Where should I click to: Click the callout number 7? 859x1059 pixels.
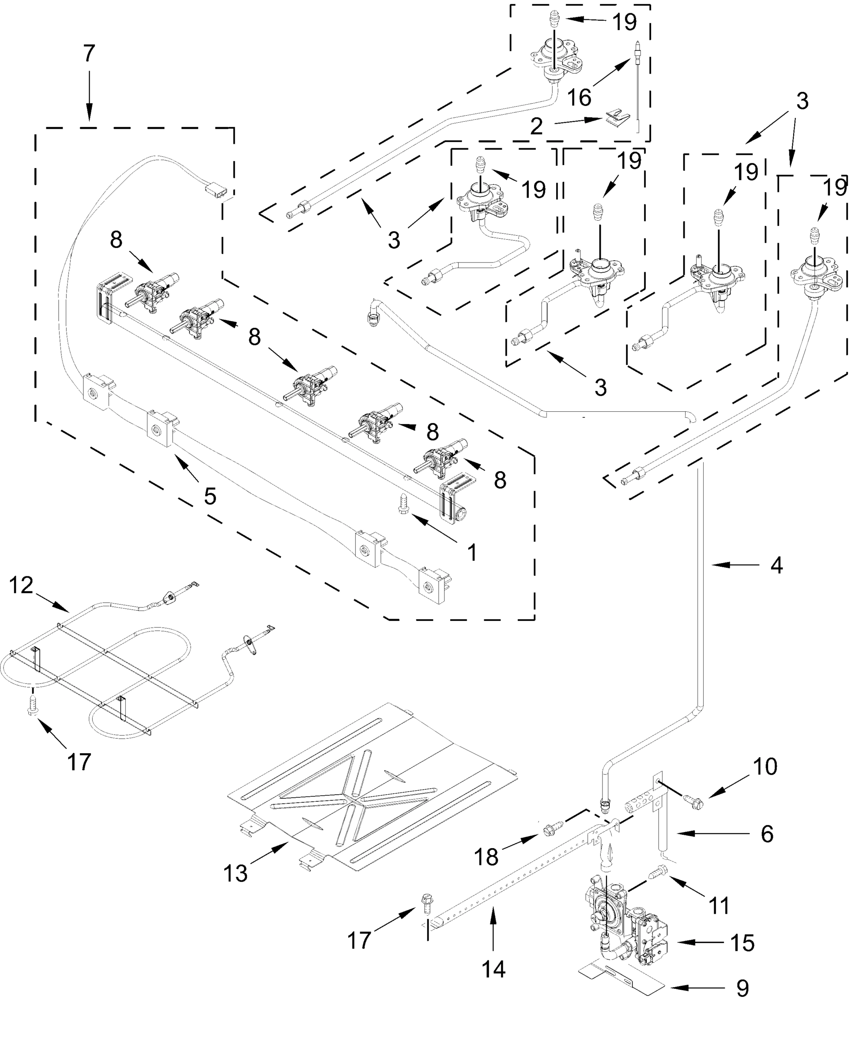click(x=89, y=53)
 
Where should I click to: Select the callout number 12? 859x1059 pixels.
click(x=21, y=585)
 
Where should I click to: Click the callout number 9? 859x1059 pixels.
click(x=742, y=989)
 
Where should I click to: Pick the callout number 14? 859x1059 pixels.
click(x=494, y=969)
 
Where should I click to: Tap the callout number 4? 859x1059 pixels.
click(x=776, y=565)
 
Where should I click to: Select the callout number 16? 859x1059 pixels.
click(x=579, y=98)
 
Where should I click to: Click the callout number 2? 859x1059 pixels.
click(x=536, y=127)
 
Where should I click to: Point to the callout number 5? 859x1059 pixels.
click(x=210, y=496)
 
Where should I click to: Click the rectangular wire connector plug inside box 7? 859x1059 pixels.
click(x=217, y=189)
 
